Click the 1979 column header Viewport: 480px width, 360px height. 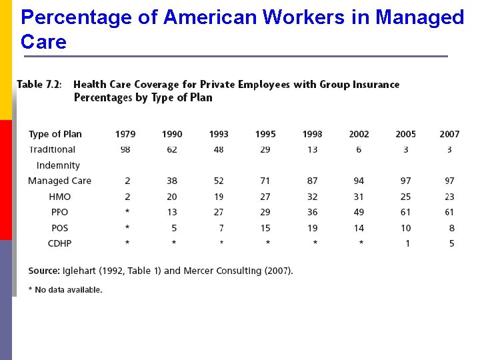click(125, 134)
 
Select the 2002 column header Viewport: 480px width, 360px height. click(359, 134)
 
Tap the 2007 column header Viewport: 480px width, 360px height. click(449, 134)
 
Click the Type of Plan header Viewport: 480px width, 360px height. click(55, 134)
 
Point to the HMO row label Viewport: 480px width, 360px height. click(59, 197)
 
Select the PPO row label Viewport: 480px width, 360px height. click(59, 212)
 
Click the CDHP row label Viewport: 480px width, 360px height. click(59, 243)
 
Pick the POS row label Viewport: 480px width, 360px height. click(59, 228)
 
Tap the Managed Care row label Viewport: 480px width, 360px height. click(59, 181)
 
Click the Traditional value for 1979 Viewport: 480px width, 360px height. click(125, 149)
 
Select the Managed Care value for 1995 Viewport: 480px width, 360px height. click(265, 181)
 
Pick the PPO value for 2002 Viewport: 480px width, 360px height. click(359, 212)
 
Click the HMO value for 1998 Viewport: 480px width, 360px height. click(312, 197)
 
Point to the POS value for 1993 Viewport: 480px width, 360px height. click(221, 228)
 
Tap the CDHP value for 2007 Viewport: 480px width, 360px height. click(451, 243)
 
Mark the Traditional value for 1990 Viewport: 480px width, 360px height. click(172, 149)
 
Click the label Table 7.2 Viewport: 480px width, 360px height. click(39, 85)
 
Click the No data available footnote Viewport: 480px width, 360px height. click(65, 290)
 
